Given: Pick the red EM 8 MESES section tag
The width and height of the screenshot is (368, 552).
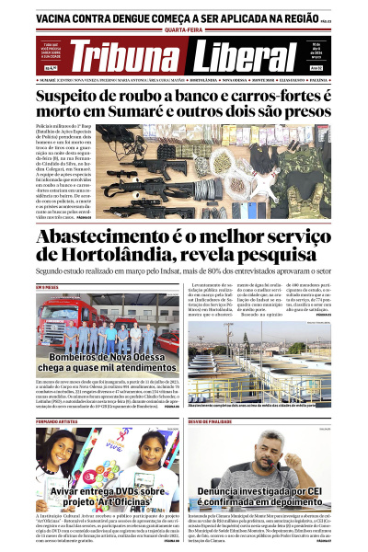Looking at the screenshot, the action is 48,288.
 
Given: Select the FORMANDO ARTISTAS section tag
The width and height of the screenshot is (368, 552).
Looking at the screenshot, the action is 56,421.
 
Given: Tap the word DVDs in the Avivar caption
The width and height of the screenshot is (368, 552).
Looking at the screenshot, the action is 121,491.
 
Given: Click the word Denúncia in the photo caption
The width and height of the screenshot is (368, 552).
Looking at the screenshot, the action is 237,492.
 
